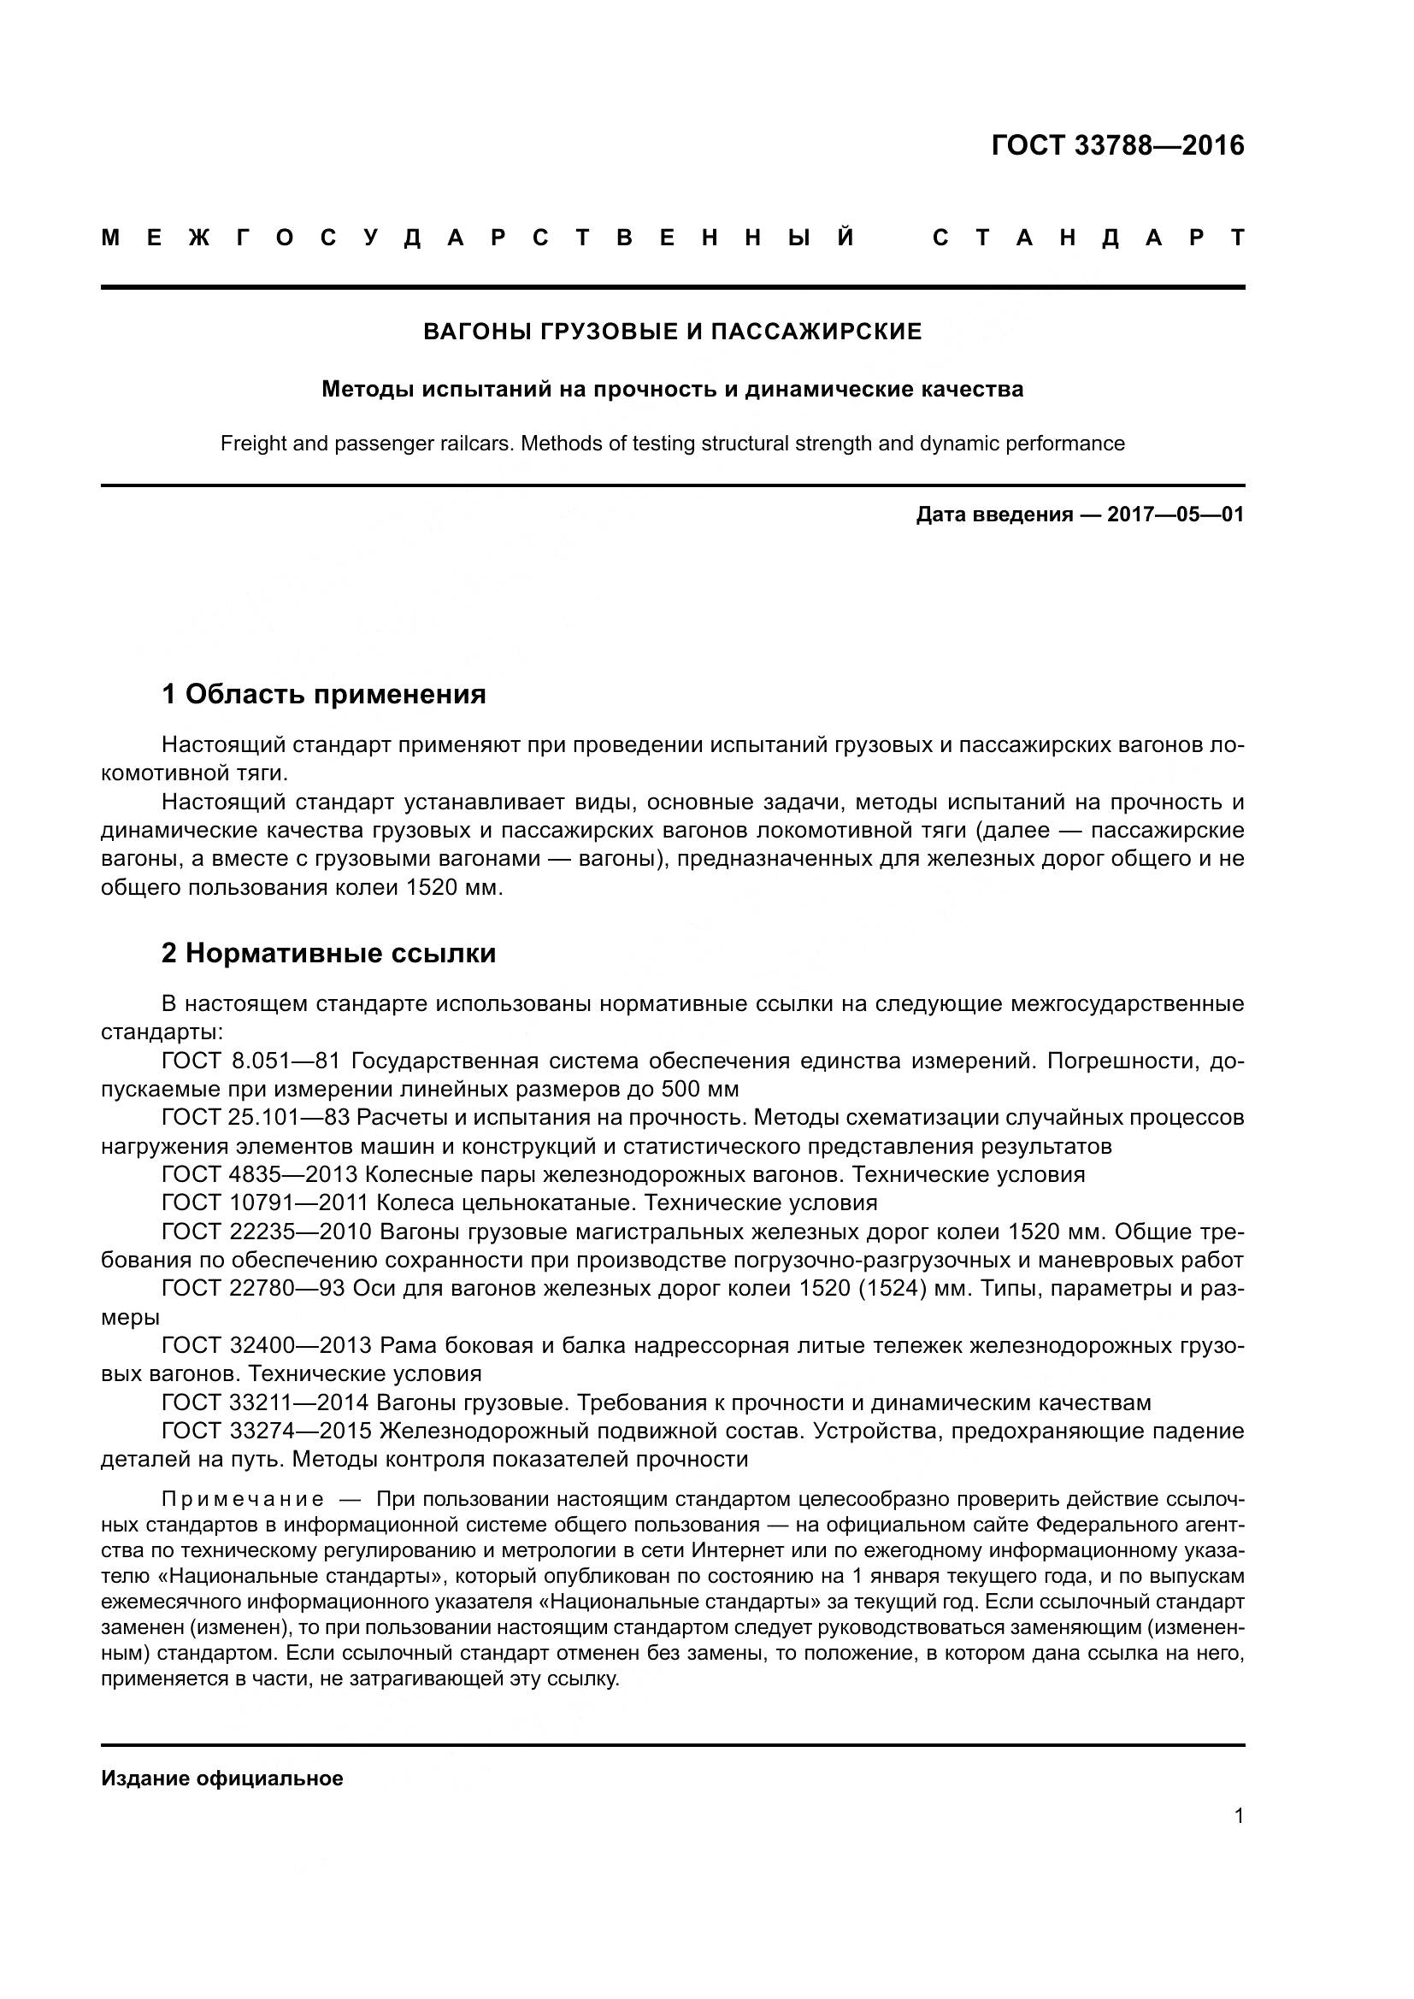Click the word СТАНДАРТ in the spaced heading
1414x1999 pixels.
1087,238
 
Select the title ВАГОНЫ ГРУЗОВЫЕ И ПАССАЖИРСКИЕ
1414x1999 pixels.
672,332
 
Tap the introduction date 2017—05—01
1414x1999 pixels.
1175,514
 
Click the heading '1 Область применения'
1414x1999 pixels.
323,695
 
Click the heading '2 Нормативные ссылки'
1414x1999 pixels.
328,954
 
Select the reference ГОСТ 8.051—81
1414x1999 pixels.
255,1061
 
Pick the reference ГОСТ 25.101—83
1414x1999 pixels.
255,1117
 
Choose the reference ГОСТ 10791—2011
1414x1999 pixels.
266,1203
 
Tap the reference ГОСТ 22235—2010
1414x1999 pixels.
267,1232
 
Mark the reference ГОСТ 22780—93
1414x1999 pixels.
253,1289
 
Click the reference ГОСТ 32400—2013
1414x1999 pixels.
267,1346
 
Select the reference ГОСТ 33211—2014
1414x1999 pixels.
266,1402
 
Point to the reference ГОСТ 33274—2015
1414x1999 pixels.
267,1432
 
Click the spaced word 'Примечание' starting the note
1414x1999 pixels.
243,1499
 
